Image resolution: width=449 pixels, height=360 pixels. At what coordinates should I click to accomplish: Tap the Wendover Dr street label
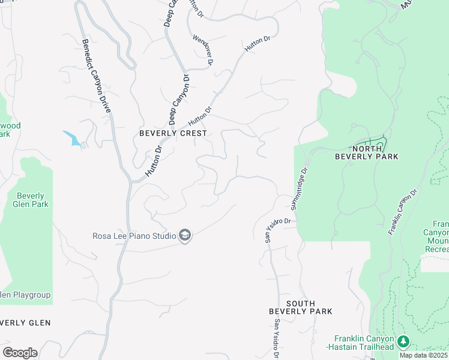click(203, 50)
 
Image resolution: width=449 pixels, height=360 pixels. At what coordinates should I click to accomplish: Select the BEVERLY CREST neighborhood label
click(173, 133)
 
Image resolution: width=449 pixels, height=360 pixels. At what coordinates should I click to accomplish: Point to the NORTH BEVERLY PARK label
click(375, 152)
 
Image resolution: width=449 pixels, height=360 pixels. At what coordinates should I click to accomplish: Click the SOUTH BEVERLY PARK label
click(300, 307)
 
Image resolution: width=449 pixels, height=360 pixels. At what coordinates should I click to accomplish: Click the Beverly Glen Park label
click(32, 200)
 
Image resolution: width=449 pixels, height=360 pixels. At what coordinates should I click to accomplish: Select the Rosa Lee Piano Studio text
click(134, 236)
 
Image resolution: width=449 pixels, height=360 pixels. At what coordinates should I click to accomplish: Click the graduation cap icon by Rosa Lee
click(185, 236)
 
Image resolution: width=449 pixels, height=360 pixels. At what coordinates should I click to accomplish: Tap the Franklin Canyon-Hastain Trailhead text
click(360, 343)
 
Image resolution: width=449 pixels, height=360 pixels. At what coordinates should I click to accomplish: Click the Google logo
click(20, 353)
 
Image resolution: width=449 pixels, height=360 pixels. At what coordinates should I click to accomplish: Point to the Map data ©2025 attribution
click(423, 355)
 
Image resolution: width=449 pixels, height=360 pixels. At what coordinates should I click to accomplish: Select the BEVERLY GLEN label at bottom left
click(24, 323)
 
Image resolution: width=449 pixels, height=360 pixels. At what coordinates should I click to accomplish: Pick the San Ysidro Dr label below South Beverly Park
click(277, 339)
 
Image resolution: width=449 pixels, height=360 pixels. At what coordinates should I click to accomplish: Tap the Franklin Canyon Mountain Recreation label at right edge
click(436, 236)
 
